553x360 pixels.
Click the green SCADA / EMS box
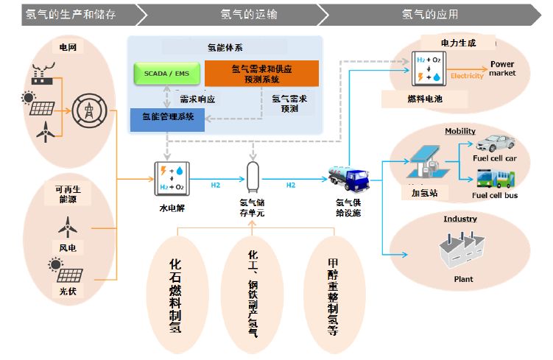pyautogui.click(x=161, y=74)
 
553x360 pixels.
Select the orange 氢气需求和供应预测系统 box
pyautogui.click(x=261, y=74)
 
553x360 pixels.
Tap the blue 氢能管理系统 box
pyautogui.click(x=167, y=118)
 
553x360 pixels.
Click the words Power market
pyautogui.click(x=502, y=68)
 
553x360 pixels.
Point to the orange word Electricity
pyautogui.click(x=467, y=76)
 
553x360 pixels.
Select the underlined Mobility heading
pyautogui.click(x=459, y=131)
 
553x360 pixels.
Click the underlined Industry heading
pyautogui.click(x=459, y=219)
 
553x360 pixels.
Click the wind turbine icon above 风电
pyautogui.click(x=67, y=225)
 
